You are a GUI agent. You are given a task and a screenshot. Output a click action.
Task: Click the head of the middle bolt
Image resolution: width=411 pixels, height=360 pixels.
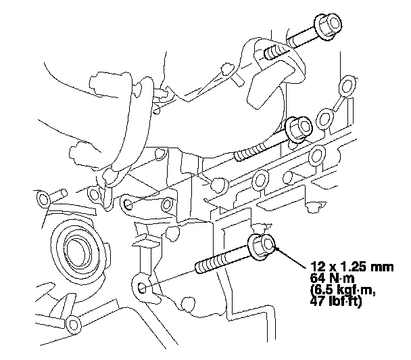299,129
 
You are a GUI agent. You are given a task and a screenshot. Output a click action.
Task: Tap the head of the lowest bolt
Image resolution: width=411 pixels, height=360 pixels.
262,246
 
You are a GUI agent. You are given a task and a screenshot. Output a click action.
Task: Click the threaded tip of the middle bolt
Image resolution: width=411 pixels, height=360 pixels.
246,153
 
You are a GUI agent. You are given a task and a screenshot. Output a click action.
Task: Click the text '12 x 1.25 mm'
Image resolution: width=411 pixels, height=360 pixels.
352,267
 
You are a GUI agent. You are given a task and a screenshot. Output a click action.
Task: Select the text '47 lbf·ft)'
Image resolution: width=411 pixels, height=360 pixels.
336,302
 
